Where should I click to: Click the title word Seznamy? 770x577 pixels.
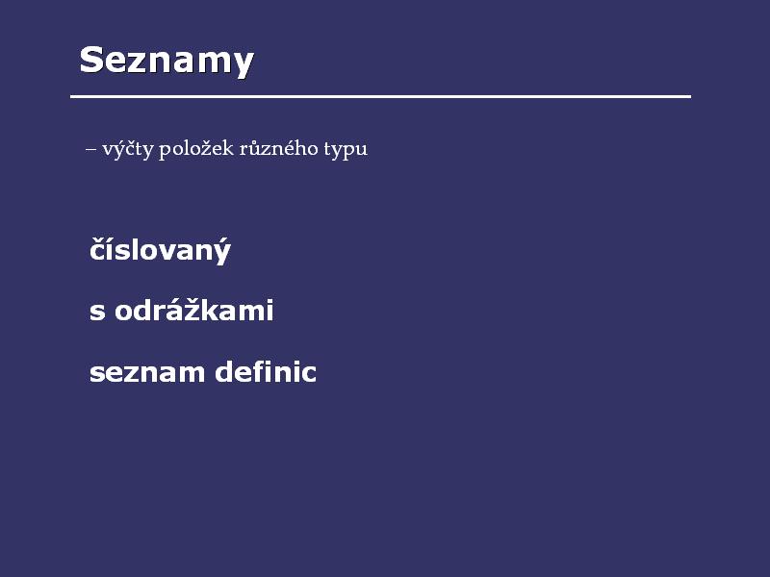(167, 61)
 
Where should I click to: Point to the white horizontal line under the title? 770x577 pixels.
(380, 97)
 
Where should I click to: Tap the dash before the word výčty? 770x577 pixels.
(90, 148)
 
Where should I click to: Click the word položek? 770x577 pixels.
(196, 148)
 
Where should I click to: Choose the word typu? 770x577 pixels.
(346, 149)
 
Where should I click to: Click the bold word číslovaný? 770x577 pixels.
(160, 250)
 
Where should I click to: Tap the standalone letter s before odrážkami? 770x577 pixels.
(97, 312)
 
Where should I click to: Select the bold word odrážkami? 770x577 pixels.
(194, 309)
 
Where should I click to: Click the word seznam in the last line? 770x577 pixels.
(147, 373)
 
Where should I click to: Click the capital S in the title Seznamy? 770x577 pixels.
(91, 60)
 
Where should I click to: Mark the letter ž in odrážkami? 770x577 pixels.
(205, 309)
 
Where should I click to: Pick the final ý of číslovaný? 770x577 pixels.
(222, 251)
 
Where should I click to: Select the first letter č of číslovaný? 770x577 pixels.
(98, 250)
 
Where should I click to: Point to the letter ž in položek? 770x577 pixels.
(208, 148)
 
